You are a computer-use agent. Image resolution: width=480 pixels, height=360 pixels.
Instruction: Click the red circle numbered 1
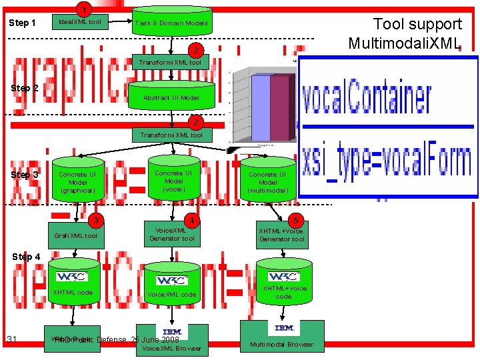[83, 9]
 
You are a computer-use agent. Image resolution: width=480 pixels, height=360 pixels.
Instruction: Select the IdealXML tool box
[80, 23]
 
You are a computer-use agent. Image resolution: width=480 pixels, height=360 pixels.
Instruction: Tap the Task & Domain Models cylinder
[172, 23]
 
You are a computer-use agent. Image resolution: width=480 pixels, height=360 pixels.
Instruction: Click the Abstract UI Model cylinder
[171, 97]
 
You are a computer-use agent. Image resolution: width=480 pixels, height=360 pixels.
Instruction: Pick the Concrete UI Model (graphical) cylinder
[78, 181]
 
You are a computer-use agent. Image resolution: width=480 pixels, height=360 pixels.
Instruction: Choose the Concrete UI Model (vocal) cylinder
[173, 180]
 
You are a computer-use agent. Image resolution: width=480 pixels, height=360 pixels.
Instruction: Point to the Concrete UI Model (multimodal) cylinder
[268, 181]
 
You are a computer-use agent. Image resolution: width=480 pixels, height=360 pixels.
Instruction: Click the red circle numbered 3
[97, 221]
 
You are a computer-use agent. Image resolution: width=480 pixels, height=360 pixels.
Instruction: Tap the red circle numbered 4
[192, 220]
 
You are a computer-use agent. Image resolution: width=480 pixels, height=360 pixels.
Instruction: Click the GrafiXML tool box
[76, 235]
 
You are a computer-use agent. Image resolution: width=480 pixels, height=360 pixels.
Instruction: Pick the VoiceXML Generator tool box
[172, 234]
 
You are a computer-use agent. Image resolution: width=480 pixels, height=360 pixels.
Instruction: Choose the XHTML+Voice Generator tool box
[282, 235]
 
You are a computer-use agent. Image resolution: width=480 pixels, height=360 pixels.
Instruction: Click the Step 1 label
[22, 23]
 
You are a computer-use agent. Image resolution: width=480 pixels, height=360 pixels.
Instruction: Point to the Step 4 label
[26, 257]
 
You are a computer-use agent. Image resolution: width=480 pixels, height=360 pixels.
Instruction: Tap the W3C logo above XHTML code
[72, 276]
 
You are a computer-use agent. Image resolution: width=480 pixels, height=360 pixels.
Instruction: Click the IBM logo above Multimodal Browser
[285, 328]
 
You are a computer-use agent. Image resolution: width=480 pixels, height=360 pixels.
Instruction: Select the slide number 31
[12, 340]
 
